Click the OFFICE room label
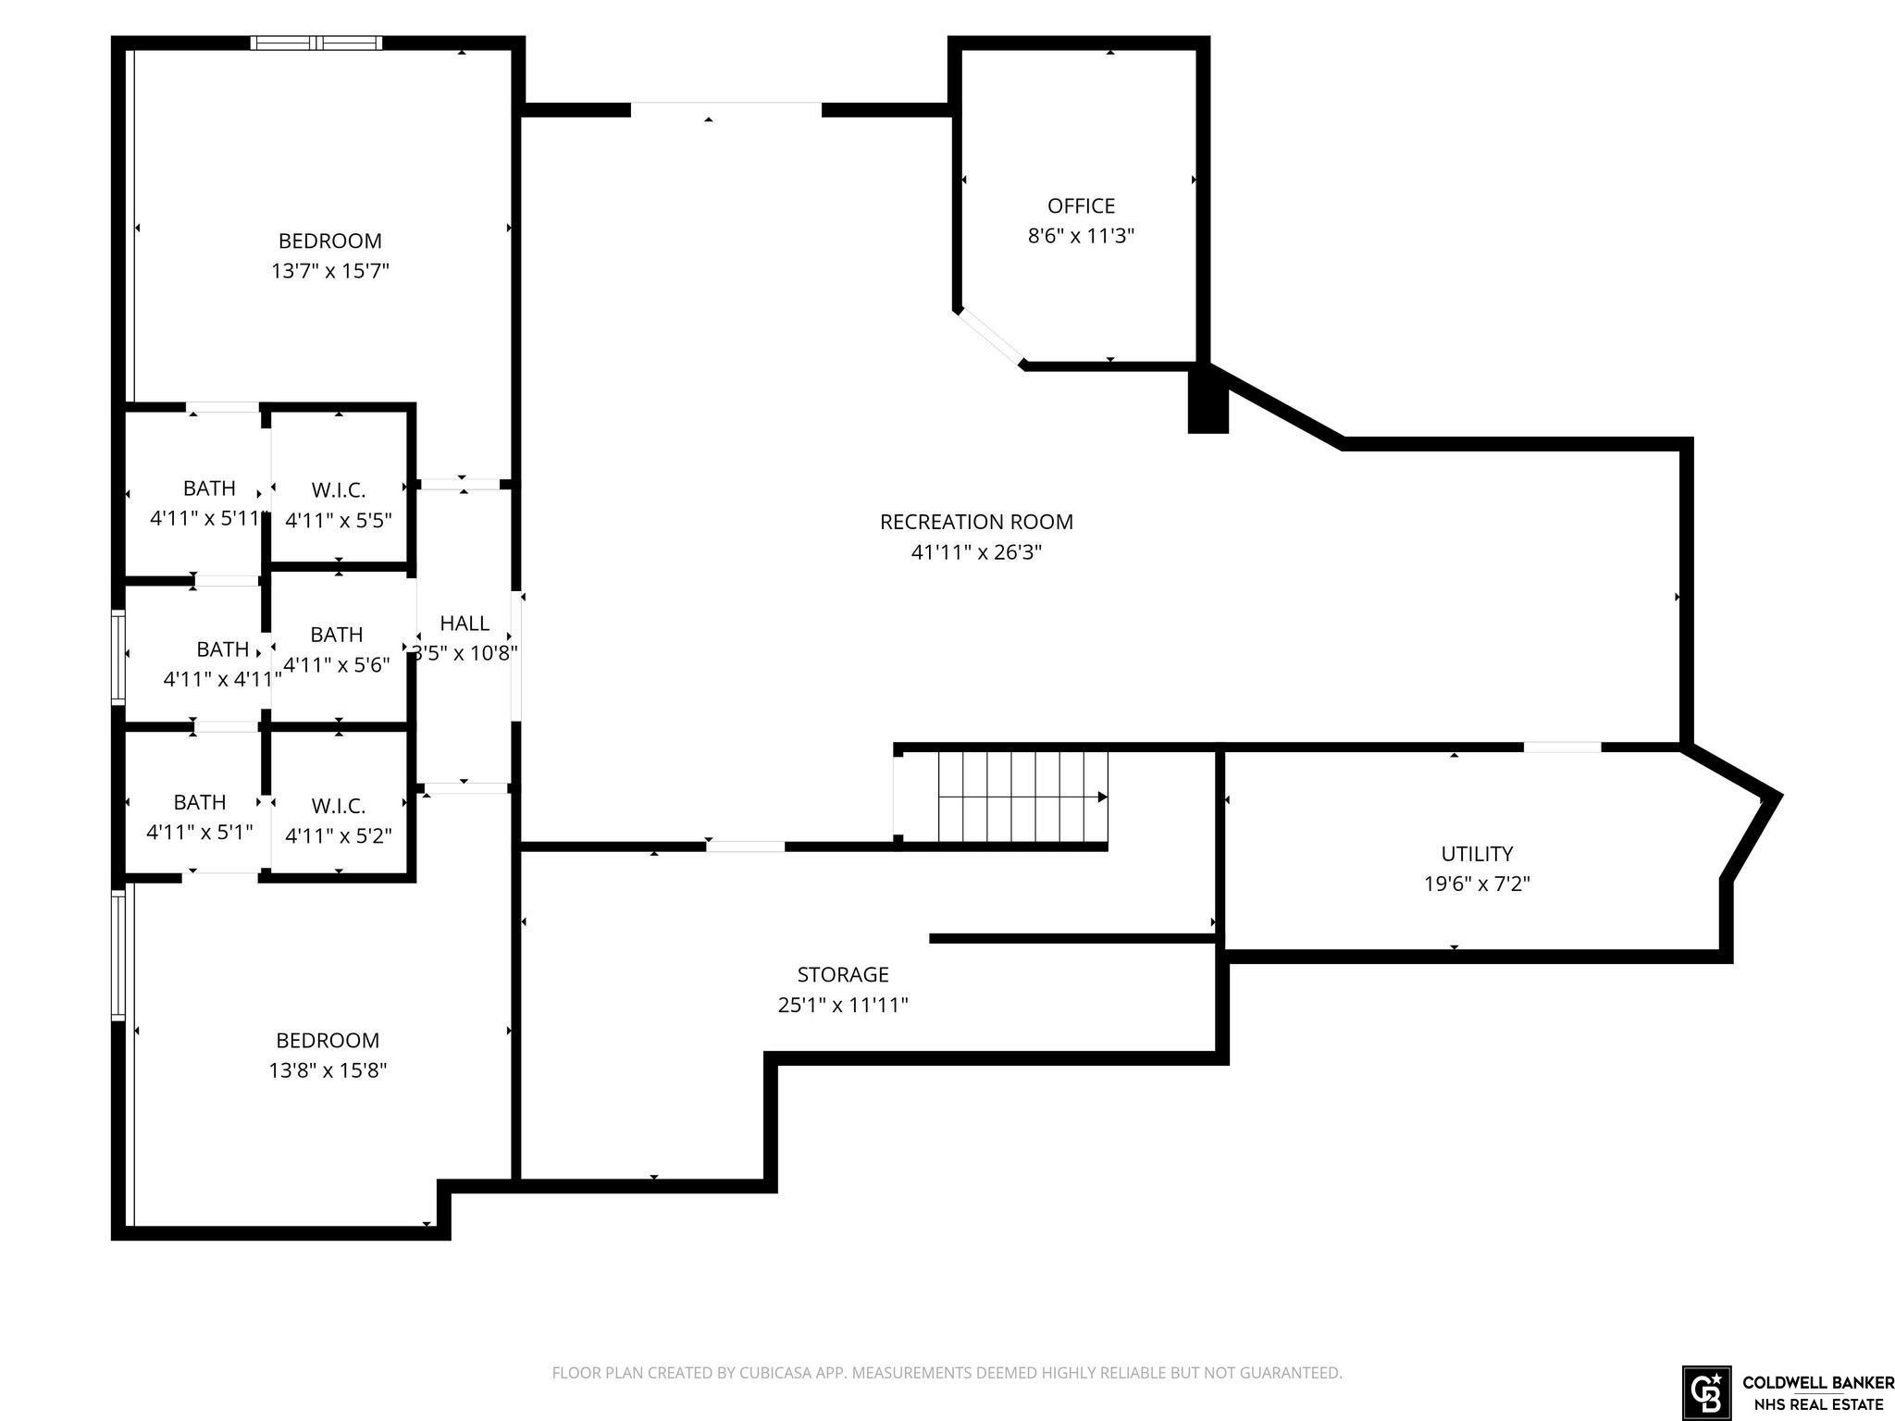(1081, 205)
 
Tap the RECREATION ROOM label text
(976, 522)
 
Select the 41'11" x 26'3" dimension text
(976, 552)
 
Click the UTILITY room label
(1477, 854)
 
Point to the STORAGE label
(843, 974)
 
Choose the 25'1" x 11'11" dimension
(843, 1005)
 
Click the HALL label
(464, 623)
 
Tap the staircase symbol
(1022, 797)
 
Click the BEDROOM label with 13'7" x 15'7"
(330, 241)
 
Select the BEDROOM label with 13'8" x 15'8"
(328, 1040)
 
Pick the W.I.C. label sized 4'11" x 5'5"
(339, 490)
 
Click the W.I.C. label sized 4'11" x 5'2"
(339, 806)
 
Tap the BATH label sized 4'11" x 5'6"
(336, 635)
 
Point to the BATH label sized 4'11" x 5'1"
(200, 802)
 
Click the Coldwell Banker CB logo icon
(1706, 1390)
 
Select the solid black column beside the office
(1208, 399)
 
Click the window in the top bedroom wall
(316, 43)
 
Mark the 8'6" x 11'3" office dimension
(1081, 236)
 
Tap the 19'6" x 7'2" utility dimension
(1477, 883)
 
